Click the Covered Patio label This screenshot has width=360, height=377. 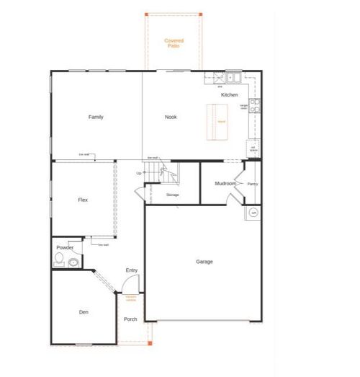(x=174, y=43)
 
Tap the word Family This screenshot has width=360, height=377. (x=96, y=117)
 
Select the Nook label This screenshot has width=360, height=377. (x=171, y=117)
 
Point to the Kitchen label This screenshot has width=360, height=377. (x=230, y=95)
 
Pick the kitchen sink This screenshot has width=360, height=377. (x=233, y=76)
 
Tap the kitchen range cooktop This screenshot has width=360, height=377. (x=254, y=105)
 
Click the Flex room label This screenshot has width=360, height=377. (x=83, y=200)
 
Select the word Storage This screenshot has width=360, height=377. (x=172, y=195)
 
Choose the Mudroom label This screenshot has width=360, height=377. (x=225, y=184)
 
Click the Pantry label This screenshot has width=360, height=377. (x=252, y=184)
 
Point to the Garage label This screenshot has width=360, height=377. (x=204, y=262)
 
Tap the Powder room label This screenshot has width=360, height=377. (x=65, y=247)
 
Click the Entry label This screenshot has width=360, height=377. (x=132, y=270)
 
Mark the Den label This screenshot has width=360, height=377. (x=84, y=311)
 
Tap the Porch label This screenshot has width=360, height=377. (x=130, y=319)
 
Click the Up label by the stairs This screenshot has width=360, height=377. (x=139, y=173)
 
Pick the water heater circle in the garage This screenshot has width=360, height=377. (x=253, y=213)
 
